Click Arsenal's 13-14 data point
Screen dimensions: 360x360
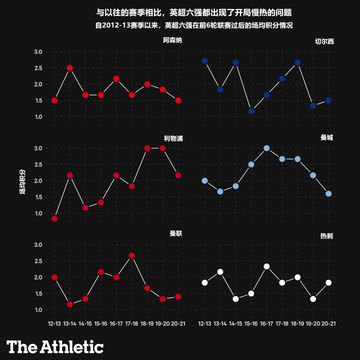(x=70, y=68)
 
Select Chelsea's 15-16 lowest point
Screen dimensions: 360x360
(x=251, y=111)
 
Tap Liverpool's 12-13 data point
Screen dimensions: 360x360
(x=54, y=218)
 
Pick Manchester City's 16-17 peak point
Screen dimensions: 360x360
(x=266, y=148)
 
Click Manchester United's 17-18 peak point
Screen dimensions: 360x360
(x=132, y=255)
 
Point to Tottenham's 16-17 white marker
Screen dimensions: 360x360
(x=266, y=266)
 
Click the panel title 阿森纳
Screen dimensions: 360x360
(x=172, y=41)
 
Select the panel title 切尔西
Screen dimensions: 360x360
(x=324, y=41)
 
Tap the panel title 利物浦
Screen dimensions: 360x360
(x=172, y=137)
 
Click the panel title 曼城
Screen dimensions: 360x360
(x=326, y=137)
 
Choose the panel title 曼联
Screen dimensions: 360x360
(x=176, y=233)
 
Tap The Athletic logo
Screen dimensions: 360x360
(x=55, y=346)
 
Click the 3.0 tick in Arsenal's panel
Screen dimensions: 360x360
(x=38, y=51)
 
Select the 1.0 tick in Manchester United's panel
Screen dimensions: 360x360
(x=38, y=309)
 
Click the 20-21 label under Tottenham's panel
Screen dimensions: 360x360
(x=328, y=324)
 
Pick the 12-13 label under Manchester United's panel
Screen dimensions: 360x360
(x=54, y=324)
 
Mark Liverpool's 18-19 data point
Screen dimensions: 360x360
(x=147, y=148)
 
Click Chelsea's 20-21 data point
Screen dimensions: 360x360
(x=328, y=100)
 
